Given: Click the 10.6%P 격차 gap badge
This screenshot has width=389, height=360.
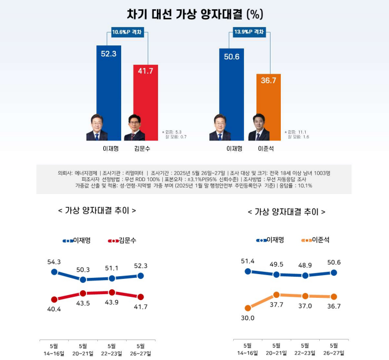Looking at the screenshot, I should [127, 32].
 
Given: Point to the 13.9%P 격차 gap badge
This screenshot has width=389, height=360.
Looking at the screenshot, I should [249, 32].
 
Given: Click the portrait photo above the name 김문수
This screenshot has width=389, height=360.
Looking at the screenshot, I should [135, 128].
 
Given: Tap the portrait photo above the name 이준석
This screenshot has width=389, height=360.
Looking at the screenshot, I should [259, 128].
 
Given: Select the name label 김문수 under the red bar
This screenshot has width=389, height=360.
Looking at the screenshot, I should [141, 148].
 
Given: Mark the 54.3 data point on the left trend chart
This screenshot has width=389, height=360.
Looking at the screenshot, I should [54, 272].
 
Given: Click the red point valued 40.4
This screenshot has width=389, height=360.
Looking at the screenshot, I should [54, 299].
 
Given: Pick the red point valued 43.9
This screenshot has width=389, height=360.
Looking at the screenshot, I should [112, 292].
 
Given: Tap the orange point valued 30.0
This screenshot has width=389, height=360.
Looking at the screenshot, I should [248, 308].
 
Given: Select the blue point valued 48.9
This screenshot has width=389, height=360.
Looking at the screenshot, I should [305, 275].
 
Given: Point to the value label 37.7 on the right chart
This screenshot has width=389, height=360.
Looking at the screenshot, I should [276, 304].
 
